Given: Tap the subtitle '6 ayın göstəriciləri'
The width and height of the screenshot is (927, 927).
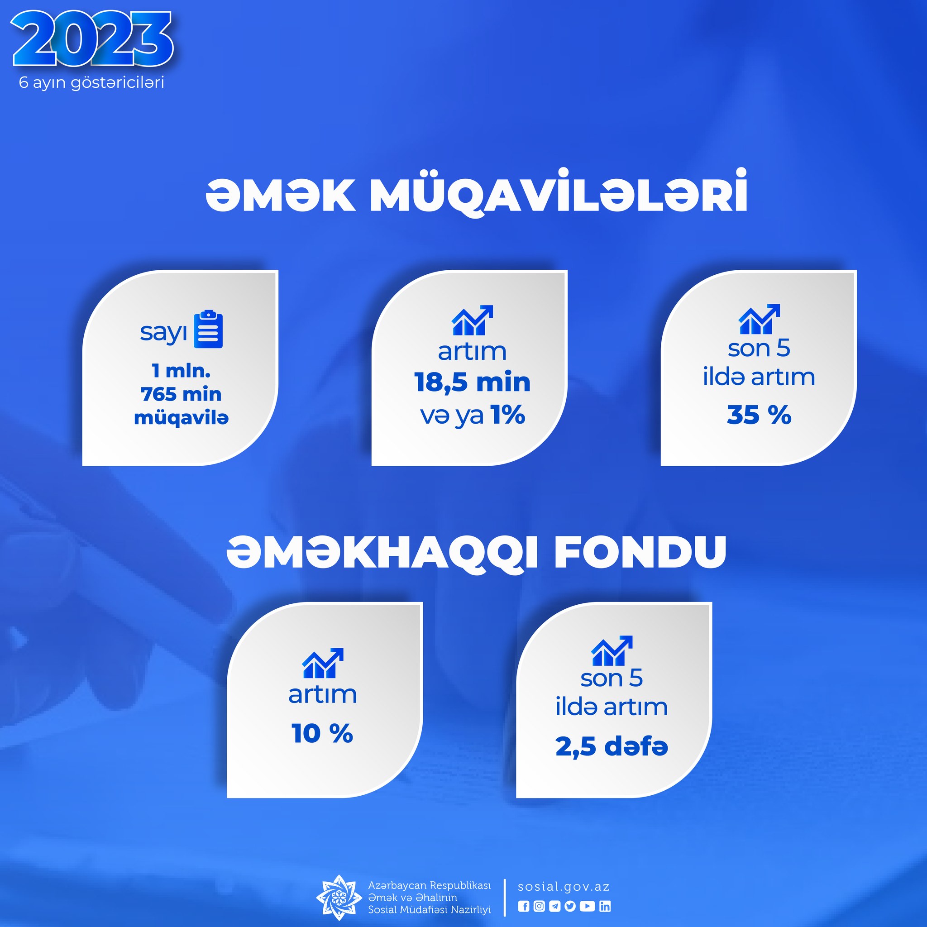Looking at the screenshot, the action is (x=91, y=82).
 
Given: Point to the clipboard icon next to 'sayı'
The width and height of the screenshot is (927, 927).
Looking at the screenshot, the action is (x=208, y=330).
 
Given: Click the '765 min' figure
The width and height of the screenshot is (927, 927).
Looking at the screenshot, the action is (x=181, y=394).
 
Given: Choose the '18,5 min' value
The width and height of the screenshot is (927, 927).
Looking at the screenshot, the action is (x=472, y=382).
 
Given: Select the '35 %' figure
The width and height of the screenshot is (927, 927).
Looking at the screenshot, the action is (x=759, y=415).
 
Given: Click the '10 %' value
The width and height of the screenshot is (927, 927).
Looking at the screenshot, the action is (x=322, y=734).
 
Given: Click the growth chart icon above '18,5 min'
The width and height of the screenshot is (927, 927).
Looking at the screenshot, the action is (x=472, y=320).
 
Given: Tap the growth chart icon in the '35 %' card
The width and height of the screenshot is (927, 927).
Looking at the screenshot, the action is (x=759, y=319).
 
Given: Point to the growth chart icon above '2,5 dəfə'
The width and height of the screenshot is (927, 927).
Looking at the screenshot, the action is (x=612, y=650).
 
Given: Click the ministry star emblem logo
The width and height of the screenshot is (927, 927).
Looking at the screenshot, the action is (x=339, y=897).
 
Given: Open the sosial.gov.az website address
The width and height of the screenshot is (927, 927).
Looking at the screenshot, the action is (x=564, y=887).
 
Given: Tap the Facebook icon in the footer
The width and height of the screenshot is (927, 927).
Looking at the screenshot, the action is (x=524, y=906).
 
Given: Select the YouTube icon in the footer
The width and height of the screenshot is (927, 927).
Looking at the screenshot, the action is (x=587, y=906).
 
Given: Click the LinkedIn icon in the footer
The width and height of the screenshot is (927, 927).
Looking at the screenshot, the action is (x=605, y=906).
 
